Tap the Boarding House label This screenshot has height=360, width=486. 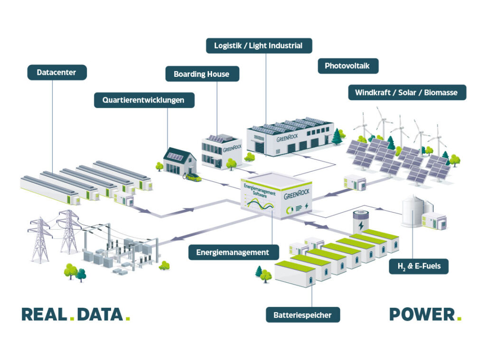coord(202,74)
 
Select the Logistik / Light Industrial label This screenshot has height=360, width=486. coord(259,46)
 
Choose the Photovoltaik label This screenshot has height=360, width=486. coord(348,66)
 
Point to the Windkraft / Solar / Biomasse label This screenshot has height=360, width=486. coord(407,92)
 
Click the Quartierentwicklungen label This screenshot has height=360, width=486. coord(144,100)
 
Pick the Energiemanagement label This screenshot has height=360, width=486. coord(233,252)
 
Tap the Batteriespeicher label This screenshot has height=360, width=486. coord(302,314)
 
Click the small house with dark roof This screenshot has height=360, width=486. coord(179,162)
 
